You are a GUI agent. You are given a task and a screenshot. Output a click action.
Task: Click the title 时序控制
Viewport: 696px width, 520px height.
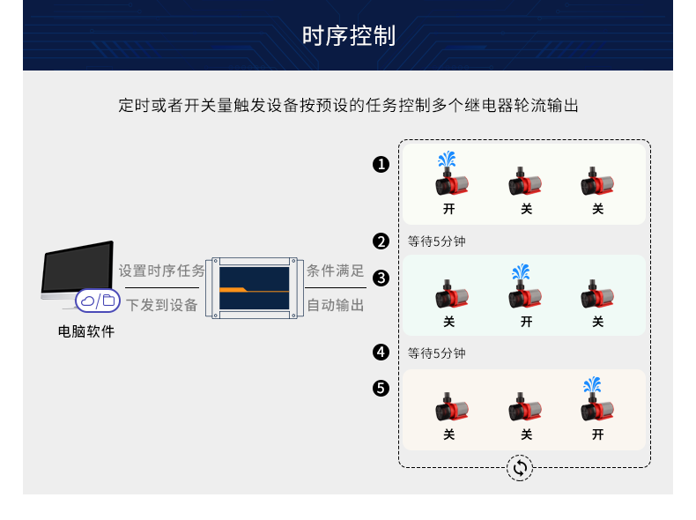click(x=348, y=36)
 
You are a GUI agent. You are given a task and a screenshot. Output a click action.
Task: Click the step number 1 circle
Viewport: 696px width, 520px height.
click(x=381, y=164)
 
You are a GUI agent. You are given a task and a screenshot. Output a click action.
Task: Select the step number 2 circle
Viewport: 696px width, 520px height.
click(x=381, y=241)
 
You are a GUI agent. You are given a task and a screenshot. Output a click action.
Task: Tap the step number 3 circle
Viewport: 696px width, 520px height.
click(x=381, y=279)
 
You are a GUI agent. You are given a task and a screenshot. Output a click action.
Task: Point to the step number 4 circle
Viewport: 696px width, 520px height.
click(x=381, y=353)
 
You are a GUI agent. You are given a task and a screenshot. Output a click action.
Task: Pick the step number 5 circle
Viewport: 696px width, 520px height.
click(x=381, y=388)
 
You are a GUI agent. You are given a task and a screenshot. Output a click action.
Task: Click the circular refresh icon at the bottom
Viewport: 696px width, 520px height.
click(x=520, y=468)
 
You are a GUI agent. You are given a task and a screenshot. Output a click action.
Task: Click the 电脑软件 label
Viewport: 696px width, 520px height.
click(x=86, y=332)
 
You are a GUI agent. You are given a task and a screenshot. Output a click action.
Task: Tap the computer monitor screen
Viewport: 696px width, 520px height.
click(x=77, y=269)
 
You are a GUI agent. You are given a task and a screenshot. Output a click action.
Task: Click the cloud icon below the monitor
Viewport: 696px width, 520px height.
click(x=88, y=301)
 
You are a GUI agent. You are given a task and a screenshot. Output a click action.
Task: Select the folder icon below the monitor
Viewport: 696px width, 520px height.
click(x=108, y=301)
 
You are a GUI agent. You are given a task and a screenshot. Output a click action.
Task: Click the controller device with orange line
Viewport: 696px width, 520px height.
click(x=254, y=288)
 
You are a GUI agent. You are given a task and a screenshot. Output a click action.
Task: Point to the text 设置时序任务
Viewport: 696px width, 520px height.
click(x=162, y=271)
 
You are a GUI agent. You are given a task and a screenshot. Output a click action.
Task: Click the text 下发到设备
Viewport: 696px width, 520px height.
click(x=162, y=305)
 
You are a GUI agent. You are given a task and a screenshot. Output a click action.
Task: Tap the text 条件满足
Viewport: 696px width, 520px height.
click(x=336, y=271)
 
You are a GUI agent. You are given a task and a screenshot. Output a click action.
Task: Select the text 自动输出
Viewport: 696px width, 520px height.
click(x=336, y=305)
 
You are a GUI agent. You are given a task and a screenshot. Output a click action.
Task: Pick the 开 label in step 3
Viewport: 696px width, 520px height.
click(x=526, y=322)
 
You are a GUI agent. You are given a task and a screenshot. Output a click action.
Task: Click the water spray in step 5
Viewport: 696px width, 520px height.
click(x=593, y=386)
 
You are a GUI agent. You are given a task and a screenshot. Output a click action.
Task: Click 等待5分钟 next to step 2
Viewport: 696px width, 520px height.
click(x=437, y=241)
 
